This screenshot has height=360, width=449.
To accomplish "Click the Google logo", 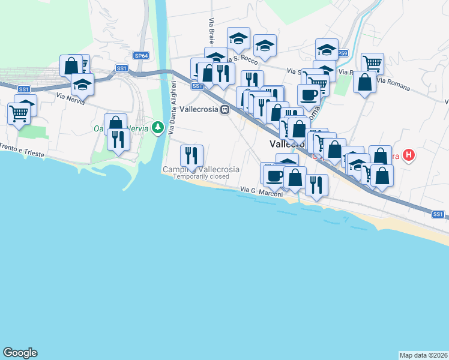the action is (x=20, y=353).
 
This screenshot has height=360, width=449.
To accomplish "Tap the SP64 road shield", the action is (x=142, y=56).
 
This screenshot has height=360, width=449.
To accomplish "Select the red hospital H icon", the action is (x=409, y=156).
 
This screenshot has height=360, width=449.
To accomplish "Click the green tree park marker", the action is (x=157, y=127).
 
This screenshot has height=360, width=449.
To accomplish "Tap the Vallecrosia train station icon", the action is (x=224, y=110).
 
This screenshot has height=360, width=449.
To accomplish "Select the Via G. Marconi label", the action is (x=262, y=191).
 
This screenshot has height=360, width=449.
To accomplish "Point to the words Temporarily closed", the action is (x=200, y=177).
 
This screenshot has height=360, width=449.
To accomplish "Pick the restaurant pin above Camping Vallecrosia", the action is (x=191, y=156).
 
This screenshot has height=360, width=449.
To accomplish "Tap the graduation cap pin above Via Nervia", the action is (x=82, y=85).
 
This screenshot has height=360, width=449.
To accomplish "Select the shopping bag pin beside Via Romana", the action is (x=364, y=82).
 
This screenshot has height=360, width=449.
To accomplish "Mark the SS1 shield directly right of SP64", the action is (x=122, y=68).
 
